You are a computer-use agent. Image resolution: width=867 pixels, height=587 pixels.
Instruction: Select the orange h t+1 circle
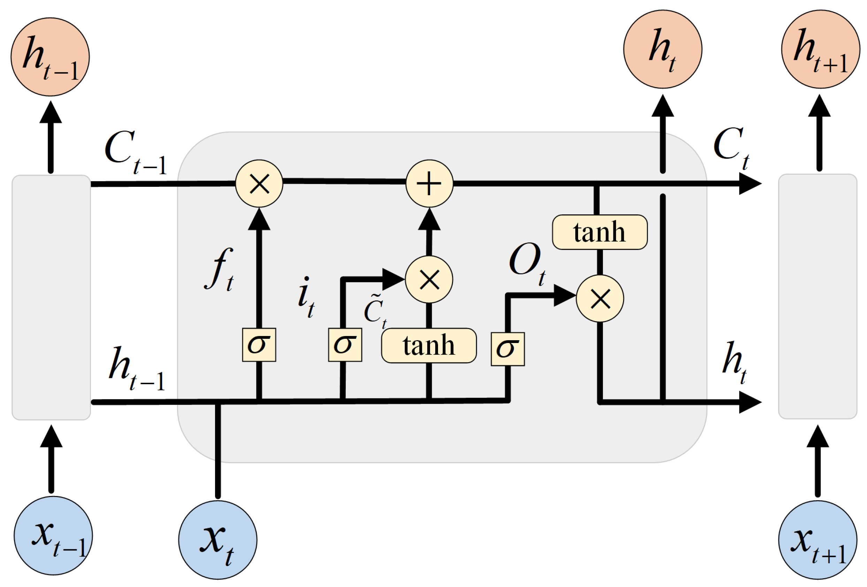[x=820, y=49]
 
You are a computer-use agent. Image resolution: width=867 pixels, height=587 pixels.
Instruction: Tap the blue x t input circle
[x=217, y=540]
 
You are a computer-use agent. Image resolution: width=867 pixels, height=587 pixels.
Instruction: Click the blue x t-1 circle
[x=53, y=535]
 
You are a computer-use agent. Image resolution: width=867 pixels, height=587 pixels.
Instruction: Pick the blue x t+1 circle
[x=818, y=540]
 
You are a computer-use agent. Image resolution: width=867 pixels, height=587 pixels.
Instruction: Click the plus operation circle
[x=429, y=184]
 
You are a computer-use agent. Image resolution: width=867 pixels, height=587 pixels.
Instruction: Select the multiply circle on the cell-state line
[x=259, y=184]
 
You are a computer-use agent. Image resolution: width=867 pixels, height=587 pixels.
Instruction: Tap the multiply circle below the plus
[x=429, y=280]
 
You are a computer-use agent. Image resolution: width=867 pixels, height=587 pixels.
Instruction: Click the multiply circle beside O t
[x=600, y=298]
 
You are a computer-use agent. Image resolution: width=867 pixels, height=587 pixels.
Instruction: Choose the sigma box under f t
[x=259, y=345]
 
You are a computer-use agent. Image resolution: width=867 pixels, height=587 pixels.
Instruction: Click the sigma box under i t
[x=345, y=345]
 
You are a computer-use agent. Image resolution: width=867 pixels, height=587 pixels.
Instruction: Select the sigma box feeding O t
[x=508, y=349]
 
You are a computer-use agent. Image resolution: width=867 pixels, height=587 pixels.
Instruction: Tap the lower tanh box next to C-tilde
[x=429, y=345]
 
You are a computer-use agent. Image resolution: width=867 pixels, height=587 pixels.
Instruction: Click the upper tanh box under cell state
[x=599, y=232]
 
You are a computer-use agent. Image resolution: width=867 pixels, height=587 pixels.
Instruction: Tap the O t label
[x=527, y=263]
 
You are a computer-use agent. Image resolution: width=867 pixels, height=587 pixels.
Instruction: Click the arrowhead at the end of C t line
[x=750, y=184]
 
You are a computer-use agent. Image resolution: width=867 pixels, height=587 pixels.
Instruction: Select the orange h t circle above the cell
[x=662, y=49]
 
